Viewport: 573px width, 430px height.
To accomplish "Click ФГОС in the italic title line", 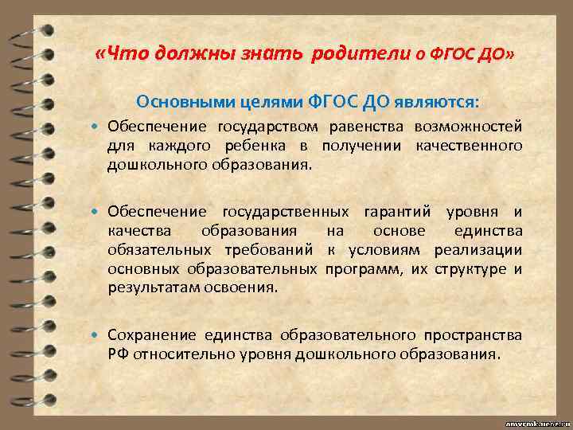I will click(x=453, y=55).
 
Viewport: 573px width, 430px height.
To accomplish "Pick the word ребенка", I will click(x=264, y=146).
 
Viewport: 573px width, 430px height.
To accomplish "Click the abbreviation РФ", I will click(x=118, y=354).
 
